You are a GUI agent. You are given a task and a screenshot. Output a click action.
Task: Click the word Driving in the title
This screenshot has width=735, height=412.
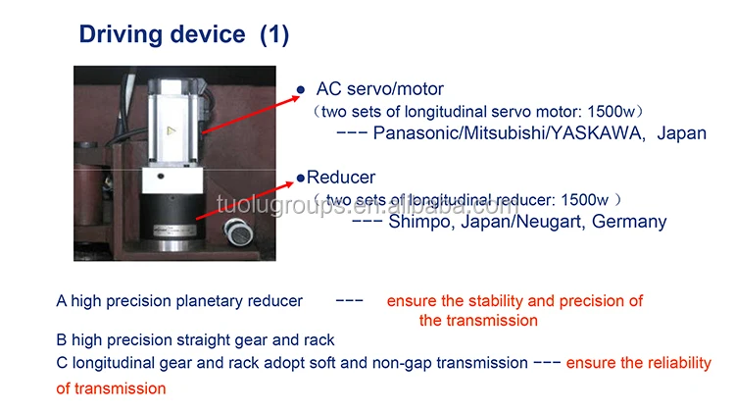tap(120, 35)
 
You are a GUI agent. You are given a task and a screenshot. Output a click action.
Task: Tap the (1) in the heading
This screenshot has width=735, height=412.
tap(274, 34)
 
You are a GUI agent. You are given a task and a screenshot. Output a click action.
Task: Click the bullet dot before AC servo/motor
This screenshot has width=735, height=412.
tap(301, 89)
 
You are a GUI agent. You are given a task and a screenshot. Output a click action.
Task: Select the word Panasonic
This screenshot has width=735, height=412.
tap(416, 133)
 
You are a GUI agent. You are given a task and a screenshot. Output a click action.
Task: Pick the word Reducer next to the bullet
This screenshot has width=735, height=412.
tap(341, 178)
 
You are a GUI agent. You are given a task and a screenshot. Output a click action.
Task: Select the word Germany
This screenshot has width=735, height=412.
tap(629, 222)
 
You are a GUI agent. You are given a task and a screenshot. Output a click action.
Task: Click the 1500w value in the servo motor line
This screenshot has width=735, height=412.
tap(611, 112)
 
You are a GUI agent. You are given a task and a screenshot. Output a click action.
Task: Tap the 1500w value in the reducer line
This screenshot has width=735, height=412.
tap(584, 200)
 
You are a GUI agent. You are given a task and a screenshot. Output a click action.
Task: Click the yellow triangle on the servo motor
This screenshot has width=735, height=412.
tap(171, 130)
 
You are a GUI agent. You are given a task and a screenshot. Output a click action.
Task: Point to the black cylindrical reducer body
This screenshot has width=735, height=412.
tap(172, 217)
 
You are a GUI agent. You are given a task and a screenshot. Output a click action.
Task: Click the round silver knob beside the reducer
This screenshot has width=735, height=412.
tap(238, 232)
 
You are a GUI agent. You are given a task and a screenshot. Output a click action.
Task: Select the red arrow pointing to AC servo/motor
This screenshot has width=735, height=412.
tap(251, 115)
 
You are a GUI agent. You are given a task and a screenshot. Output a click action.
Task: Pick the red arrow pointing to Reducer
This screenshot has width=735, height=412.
tap(245, 200)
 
